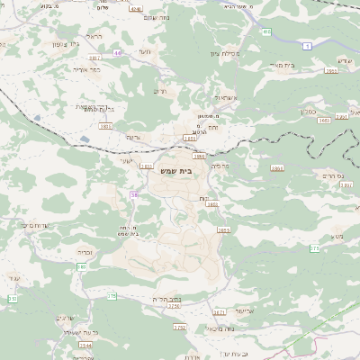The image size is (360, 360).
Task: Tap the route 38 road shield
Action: (x=134, y=193)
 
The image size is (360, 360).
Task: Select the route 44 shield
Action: (x=118, y=53)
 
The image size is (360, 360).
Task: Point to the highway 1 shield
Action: (x=308, y=44)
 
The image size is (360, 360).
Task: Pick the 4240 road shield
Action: (x=136, y=9)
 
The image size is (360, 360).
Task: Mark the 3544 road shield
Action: (x=85, y=344)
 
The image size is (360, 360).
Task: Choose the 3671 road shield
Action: (x=219, y=312)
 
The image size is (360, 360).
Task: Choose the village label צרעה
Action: (x=133, y=137)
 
